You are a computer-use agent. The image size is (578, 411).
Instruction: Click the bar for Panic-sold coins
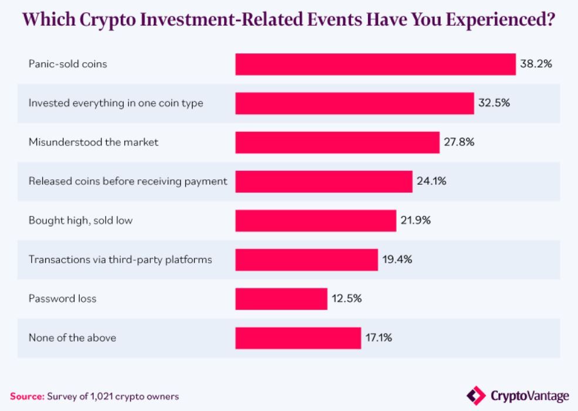(x=376, y=64)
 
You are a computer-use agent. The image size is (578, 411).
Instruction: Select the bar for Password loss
(x=281, y=298)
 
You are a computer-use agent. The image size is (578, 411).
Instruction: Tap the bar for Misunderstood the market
(x=337, y=142)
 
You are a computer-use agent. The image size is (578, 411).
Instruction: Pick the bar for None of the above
(x=298, y=338)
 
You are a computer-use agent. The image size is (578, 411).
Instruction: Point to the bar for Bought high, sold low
(x=316, y=220)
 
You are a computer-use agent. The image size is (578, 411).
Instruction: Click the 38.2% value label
(x=536, y=64)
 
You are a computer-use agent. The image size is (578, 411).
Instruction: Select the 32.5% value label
(x=494, y=103)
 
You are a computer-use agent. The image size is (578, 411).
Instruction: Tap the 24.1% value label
(x=432, y=181)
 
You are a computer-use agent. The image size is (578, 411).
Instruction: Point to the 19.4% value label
(x=397, y=259)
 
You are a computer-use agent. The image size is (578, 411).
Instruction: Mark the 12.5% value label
(x=346, y=298)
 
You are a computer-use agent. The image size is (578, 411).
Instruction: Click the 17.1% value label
(x=380, y=338)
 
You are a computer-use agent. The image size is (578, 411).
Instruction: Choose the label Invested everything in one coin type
(x=116, y=103)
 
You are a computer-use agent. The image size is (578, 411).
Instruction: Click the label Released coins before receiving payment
(x=128, y=181)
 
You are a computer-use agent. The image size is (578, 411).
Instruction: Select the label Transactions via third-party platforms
(x=120, y=259)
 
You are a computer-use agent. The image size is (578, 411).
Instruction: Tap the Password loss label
(x=62, y=298)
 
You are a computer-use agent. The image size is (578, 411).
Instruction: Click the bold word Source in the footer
(x=27, y=396)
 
